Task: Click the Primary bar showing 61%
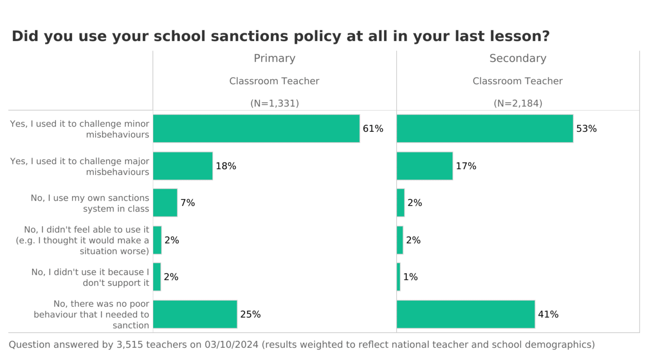coord(256,129)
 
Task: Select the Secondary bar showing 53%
coord(484,129)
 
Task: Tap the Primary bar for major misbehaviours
coord(183,166)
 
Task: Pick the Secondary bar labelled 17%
coord(425,166)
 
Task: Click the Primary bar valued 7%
coord(165,203)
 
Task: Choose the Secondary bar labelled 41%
coord(466,315)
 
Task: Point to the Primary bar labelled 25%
coord(195,315)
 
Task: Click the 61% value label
coord(373,129)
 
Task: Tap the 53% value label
coord(586,129)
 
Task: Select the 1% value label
coord(410,277)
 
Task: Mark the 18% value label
coord(226,166)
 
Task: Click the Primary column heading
coord(274,58)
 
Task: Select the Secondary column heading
coord(517,58)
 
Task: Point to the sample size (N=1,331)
coord(274,103)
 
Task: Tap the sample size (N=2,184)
coord(517,103)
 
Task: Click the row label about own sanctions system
coord(90,203)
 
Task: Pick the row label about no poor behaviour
coord(91,315)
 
